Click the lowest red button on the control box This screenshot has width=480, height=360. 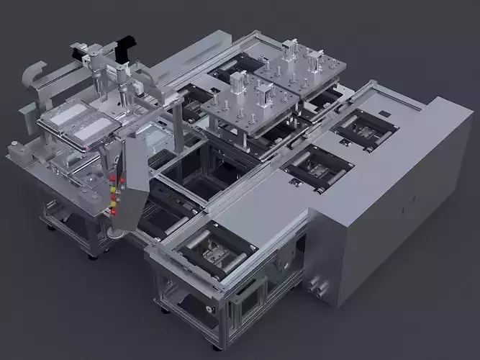(112, 212)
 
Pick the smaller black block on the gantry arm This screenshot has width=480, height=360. (78, 49)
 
